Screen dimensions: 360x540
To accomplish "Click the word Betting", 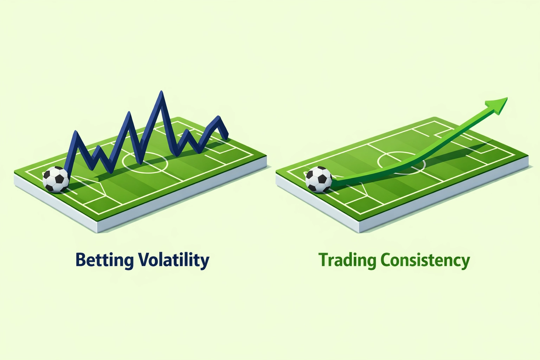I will coord(104,260).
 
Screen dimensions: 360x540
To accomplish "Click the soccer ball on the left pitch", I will coord(56,179).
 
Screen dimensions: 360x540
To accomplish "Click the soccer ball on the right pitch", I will coord(319,179).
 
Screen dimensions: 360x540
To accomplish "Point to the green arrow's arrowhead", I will coord(498,104).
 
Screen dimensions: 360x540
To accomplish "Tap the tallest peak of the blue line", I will coord(161,93).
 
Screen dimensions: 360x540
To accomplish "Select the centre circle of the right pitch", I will coord(401,162).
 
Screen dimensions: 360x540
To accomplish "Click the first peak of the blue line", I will coord(75,133).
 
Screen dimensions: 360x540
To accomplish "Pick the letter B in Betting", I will coord(81,260).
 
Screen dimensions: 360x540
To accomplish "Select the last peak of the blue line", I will coord(219,117).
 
